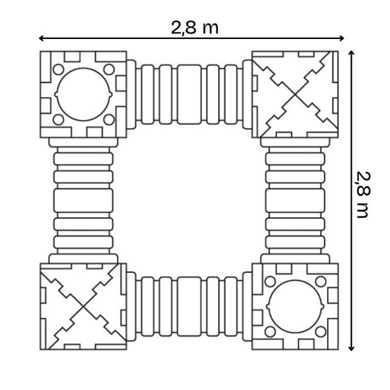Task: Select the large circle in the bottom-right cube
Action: click(x=295, y=306)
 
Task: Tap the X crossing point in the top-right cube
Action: click(x=295, y=94)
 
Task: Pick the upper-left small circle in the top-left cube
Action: click(x=58, y=70)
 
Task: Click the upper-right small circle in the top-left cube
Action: click(x=109, y=70)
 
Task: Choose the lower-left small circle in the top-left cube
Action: click(x=58, y=119)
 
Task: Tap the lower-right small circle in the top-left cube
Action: click(x=109, y=119)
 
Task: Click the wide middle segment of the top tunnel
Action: click(x=189, y=94)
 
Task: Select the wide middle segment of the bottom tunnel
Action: click(x=189, y=306)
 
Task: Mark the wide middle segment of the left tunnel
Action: click(x=84, y=200)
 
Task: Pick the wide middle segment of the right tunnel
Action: click(x=295, y=200)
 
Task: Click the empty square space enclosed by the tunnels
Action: click(x=189, y=200)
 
